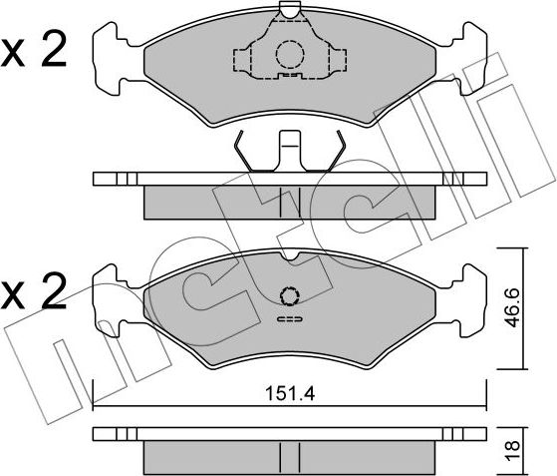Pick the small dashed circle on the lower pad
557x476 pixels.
pos(289,295)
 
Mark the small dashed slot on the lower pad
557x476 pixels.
pos(289,319)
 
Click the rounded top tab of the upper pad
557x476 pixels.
pos(289,11)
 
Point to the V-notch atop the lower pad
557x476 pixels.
pos(289,257)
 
